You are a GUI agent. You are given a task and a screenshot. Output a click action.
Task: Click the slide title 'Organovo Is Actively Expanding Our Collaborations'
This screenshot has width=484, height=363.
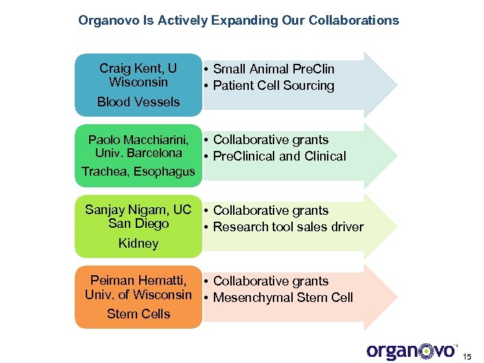tap(239, 21)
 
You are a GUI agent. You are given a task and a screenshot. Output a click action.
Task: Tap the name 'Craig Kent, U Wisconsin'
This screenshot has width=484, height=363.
tap(138, 75)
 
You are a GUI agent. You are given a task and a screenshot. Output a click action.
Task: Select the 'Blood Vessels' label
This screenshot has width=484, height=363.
tap(138, 102)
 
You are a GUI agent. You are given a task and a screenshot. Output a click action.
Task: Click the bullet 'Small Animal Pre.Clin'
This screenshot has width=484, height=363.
tap(274, 69)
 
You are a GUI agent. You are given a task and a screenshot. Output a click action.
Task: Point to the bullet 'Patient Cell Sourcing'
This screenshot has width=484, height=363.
tap(274, 86)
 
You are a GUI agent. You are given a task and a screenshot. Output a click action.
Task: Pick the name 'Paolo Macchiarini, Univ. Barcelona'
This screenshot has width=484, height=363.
tap(138, 146)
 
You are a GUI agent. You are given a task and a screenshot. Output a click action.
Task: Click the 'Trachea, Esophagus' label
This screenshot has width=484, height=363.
tap(138, 172)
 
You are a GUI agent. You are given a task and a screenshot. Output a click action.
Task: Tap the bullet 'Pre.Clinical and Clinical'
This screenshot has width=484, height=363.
tap(279, 156)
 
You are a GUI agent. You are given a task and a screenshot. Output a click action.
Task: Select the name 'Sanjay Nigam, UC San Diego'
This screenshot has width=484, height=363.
tap(138, 217)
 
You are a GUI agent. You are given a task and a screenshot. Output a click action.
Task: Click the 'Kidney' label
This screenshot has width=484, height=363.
tap(138, 244)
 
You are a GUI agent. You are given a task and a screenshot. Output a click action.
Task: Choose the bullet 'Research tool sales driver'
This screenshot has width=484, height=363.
tap(288, 227)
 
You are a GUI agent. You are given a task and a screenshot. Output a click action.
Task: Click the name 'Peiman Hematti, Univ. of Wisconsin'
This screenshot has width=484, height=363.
tap(138, 288)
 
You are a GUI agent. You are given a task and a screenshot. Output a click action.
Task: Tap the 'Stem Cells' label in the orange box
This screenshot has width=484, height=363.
tap(138, 314)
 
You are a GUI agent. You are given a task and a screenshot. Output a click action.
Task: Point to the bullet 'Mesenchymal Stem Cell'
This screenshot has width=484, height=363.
tap(282, 298)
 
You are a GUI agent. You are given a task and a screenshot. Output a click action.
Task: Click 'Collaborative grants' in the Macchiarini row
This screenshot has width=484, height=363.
tap(271, 140)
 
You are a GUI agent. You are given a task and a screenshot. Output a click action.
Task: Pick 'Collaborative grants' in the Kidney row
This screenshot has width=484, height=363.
tap(271, 211)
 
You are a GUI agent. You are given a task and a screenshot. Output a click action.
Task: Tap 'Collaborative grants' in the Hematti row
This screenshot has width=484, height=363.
tap(271, 281)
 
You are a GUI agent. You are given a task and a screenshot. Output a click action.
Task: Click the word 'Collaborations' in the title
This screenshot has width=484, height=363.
tap(354, 21)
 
